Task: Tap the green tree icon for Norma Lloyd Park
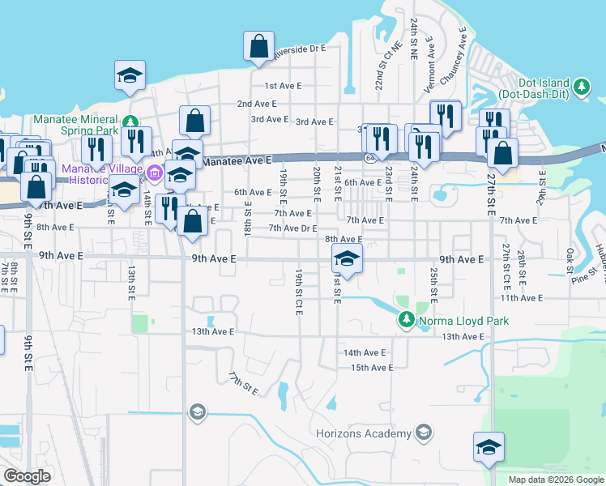(x=406, y=322)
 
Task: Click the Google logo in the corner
(x=27, y=476)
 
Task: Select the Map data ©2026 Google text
(x=555, y=480)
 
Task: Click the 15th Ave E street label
(x=367, y=367)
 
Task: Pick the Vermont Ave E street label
(x=431, y=65)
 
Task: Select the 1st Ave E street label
(x=283, y=85)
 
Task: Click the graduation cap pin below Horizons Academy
(x=489, y=447)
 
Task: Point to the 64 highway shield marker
(x=369, y=156)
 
